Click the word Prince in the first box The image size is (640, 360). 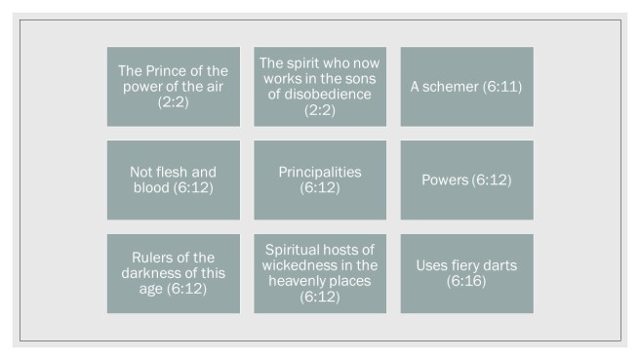tap(165, 70)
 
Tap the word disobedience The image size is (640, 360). tap(319, 94)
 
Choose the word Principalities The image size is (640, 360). tap(320, 172)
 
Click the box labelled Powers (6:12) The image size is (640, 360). tap(466, 180)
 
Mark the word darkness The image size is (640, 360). tap(155, 273)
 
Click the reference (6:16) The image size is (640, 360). tap(466, 281)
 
